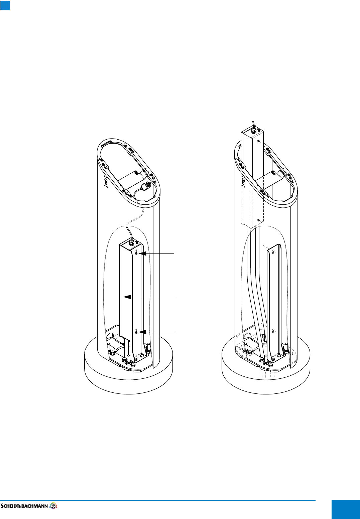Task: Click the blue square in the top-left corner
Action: click(x=5, y=5)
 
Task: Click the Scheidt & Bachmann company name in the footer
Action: click(x=24, y=506)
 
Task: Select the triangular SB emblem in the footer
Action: click(x=53, y=505)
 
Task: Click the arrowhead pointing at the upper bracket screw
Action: click(x=142, y=254)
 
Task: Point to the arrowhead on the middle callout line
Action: click(x=127, y=297)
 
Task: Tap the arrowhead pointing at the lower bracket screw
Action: click(x=142, y=332)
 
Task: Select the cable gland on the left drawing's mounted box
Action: click(x=131, y=242)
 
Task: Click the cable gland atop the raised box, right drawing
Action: click(x=254, y=131)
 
